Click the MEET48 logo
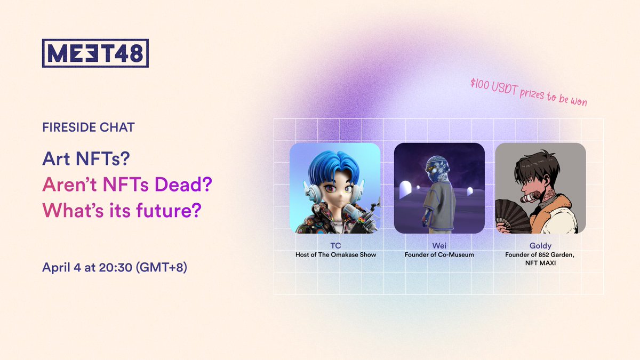pyautogui.click(x=95, y=53)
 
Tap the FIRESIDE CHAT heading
pyautogui.click(x=89, y=127)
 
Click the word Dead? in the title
pyautogui.click(x=183, y=185)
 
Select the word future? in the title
pyautogui.click(x=169, y=210)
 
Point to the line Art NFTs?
pyautogui.click(x=86, y=158)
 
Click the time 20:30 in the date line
pyautogui.click(x=115, y=268)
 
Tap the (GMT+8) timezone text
pyautogui.click(x=162, y=268)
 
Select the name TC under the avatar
pyautogui.click(x=335, y=246)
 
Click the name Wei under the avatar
pyautogui.click(x=439, y=246)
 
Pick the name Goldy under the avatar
pyautogui.click(x=540, y=246)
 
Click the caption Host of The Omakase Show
pyautogui.click(x=335, y=254)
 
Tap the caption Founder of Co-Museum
pyautogui.click(x=439, y=254)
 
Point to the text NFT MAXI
pyautogui.click(x=540, y=263)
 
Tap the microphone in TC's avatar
pyautogui.click(x=350, y=211)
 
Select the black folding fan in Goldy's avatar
pyautogui.click(x=512, y=215)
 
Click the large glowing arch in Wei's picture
pyautogui.click(x=405, y=189)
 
